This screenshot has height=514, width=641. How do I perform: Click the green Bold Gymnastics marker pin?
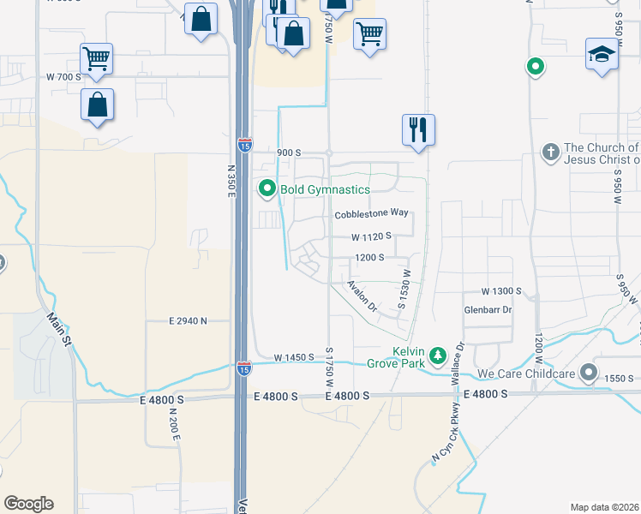coord(267,188)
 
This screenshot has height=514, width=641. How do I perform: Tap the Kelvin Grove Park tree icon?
coord(438,355)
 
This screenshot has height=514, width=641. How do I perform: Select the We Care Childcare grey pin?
coord(588,373)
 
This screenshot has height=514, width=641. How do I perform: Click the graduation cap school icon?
coord(602,54)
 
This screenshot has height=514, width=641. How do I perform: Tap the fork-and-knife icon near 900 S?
coord(418,129)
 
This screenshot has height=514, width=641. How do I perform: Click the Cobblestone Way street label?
coord(370,213)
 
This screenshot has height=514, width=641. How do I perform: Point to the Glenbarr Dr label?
coord(488,309)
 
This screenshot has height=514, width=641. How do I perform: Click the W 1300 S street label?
coord(501,292)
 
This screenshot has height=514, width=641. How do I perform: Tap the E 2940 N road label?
coord(189,321)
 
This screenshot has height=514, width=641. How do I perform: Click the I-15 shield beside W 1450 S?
coord(244,369)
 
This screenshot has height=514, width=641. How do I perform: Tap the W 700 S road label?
coord(63,77)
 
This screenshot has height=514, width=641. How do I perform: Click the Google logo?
coord(28,504)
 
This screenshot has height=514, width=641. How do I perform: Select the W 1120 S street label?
coord(371,236)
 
